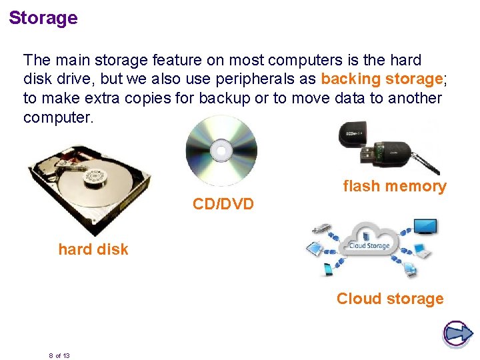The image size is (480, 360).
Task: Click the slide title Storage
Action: coord(43,18)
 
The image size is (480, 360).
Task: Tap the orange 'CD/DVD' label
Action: coord(223,204)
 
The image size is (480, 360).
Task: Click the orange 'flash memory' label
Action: coord(394,187)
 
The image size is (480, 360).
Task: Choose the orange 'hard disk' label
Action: coord(93,249)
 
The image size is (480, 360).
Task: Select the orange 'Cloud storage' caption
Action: coord(390,299)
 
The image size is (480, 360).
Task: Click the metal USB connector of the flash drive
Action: coord(368,154)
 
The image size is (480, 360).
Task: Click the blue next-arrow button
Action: coord(457,333)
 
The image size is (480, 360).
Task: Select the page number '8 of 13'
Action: coord(59,355)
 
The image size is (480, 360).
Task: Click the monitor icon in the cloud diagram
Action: coord(425,226)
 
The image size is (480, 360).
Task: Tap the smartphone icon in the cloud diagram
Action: coord(328,269)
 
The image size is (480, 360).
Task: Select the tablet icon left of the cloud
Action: coord(312,249)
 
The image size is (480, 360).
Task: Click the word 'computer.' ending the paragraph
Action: coord(59,117)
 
